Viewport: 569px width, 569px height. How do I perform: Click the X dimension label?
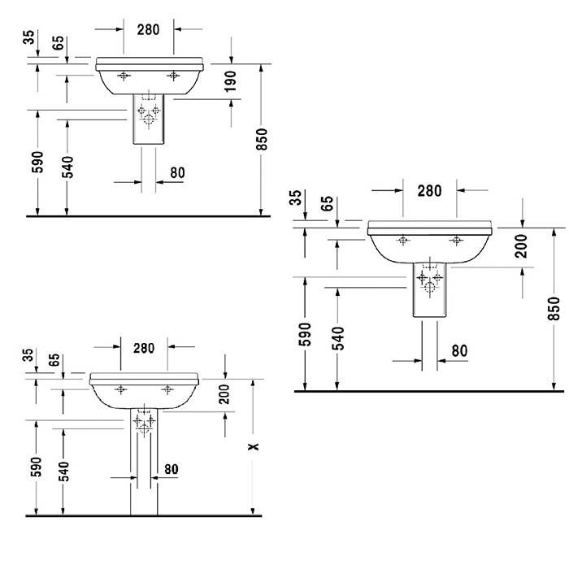(254, 446)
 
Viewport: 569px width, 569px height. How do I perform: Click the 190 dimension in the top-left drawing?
(230, 81)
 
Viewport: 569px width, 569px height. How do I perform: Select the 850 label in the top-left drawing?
(261, 139)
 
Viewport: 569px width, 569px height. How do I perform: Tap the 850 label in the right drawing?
(554, 308)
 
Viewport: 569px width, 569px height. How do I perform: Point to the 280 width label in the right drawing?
(430, 191)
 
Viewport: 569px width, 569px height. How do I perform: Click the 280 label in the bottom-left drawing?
(144, 349)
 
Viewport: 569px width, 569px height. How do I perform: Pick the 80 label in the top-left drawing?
(177, 172)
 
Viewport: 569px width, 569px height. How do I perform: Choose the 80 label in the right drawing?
(460, 351)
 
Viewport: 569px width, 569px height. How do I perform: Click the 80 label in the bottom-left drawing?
(172, 469)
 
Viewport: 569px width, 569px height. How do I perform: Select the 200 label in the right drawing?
(522, 246)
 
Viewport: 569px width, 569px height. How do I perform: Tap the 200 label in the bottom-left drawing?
(224, 394)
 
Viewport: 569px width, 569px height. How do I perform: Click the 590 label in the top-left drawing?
(37, 162)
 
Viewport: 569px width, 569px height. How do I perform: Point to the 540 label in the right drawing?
(338, 338)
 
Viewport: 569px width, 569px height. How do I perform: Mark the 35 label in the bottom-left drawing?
(28, 355)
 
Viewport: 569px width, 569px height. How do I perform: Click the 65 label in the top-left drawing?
(58, 43)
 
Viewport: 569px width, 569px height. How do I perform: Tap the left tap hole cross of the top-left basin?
(124, 76)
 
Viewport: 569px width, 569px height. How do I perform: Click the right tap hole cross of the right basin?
(456, 241)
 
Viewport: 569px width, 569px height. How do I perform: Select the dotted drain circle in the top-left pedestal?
(149, 119)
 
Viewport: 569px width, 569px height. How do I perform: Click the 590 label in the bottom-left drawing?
(36, 467)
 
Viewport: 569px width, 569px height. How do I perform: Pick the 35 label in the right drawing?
(297, 198)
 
